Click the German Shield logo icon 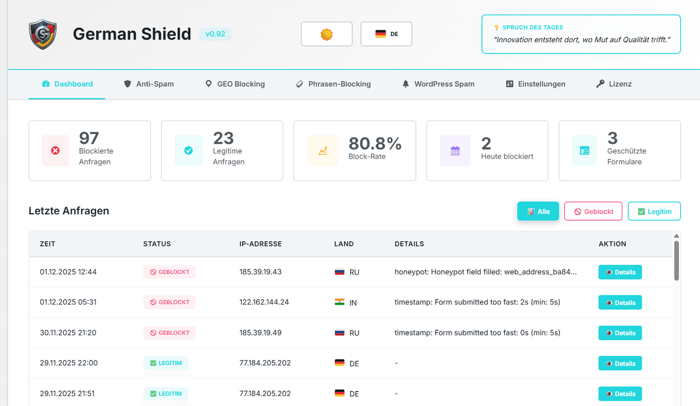point(43,34)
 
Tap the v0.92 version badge point(215,34)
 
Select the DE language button point(386,34)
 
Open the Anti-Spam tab point(149,84)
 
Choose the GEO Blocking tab point(235,84)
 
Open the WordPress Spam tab point(438,84)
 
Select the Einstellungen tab point(535,84)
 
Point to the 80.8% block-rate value point(375,143)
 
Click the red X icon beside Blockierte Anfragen point(55,151)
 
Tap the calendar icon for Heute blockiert point(455,151)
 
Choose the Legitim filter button point(654,211)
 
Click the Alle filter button point(538,211)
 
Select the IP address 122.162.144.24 point(264,302)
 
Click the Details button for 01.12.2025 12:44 point(619,272)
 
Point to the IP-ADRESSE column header point(261,244)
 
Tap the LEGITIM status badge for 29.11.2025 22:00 point(166,363)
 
